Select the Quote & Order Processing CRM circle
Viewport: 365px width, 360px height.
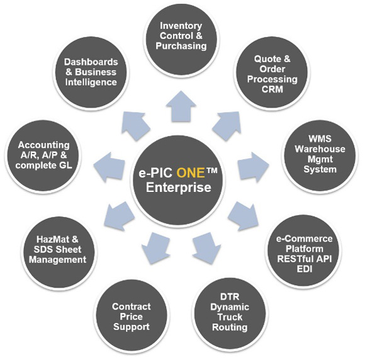(x=272, y=72)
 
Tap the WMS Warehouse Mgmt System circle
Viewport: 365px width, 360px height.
(x=320, y=155)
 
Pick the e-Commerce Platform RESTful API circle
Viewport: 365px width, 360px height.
(x=303, y=250)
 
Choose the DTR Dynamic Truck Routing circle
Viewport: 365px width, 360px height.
(x=230, y=313)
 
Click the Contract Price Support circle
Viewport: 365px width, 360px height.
(x=132, y=315)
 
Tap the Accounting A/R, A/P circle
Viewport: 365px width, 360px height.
(x=43, y=155)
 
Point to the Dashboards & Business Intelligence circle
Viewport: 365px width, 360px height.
(x=91, y=72)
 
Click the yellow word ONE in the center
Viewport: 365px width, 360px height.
(x=191, y=173)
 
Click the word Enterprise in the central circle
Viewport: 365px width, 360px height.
(x=179, y=188)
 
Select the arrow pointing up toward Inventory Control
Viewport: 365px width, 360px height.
(x=181, y=106)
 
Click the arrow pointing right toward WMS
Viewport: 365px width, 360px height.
(x=254, y=167)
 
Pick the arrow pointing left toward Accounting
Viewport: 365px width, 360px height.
(x=109, y=167)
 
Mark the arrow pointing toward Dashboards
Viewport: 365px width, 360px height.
(x=135, y=125)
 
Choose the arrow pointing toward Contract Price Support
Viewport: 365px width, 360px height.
(x=155, y=248)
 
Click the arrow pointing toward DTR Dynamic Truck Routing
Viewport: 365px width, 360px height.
(x=206, y=248)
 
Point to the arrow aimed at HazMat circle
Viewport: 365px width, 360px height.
(x=119, y=217)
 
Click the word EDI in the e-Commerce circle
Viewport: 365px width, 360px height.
(x=304, y=269)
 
